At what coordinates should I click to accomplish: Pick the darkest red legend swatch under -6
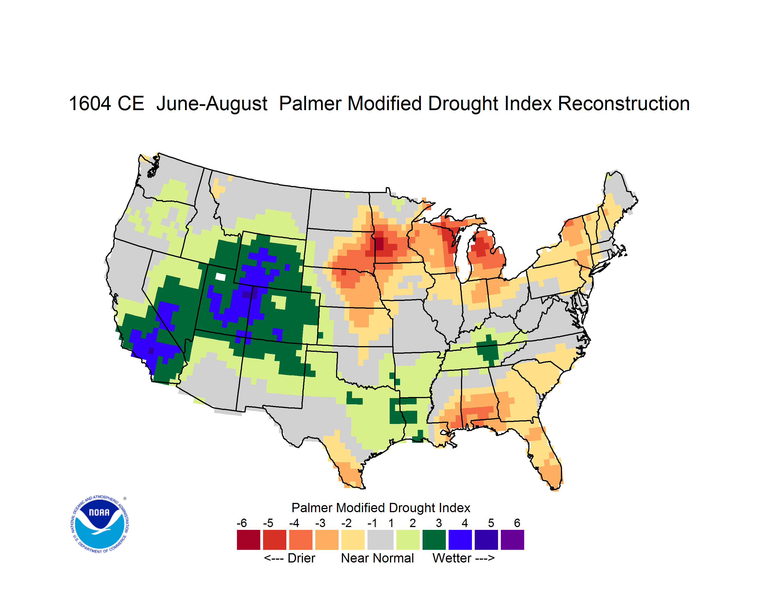coord(248,540)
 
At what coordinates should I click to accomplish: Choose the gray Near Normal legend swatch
coord(380,540)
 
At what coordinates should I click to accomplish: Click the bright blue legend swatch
coord(460,540)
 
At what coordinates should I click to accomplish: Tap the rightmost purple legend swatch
coord(512,540)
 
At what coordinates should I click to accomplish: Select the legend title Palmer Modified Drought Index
coord(381,508)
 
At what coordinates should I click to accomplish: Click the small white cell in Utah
coord(220,277)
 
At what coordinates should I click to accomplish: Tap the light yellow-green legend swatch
coord(408,540)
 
